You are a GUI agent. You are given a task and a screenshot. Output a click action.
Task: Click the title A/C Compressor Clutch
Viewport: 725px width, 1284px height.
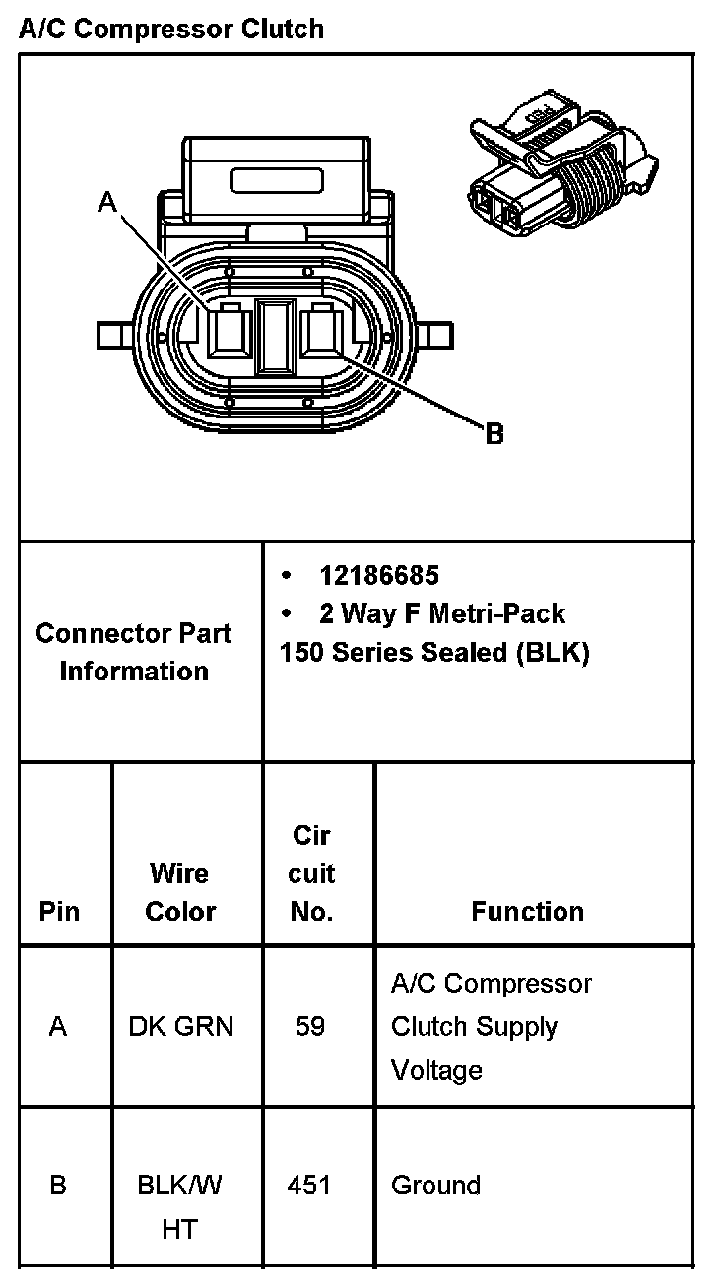tap(171, 29)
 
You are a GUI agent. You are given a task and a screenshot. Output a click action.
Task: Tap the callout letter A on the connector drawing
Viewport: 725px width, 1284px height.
tap(107, 203)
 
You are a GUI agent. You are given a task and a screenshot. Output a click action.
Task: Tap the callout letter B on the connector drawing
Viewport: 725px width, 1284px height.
tap(494, 433)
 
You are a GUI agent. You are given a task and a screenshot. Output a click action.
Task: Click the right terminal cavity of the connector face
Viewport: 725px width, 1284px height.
tap(324, 331)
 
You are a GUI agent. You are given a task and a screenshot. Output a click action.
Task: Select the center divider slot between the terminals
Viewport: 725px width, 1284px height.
tap(275, 337)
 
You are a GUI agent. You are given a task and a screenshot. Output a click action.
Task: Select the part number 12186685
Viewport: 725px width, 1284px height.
tap(379, 575)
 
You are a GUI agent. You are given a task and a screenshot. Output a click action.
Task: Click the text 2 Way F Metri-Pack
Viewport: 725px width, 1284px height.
tap(441, 614)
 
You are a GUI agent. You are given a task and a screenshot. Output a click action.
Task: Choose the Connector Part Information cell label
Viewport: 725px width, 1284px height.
tap(134, 652)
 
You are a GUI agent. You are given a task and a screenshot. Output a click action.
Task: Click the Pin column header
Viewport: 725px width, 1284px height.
tap(59, 912)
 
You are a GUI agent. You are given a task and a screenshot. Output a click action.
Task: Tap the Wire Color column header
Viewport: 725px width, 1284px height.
tap(180, 892)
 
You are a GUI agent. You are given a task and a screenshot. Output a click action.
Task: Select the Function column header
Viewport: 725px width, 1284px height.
tap(527, 912)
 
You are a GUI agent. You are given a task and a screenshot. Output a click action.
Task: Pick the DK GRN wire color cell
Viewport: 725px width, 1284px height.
tap(181, 1027)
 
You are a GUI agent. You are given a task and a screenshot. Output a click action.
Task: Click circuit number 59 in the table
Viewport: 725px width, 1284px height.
tap(310, 1027)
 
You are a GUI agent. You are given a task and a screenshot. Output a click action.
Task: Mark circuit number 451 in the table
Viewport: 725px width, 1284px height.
tap(309, 1185)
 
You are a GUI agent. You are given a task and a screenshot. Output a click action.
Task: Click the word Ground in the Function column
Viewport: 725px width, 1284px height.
tap(435, 1185)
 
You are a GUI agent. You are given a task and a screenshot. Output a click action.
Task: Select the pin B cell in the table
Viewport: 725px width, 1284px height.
tap(58, 1185)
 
